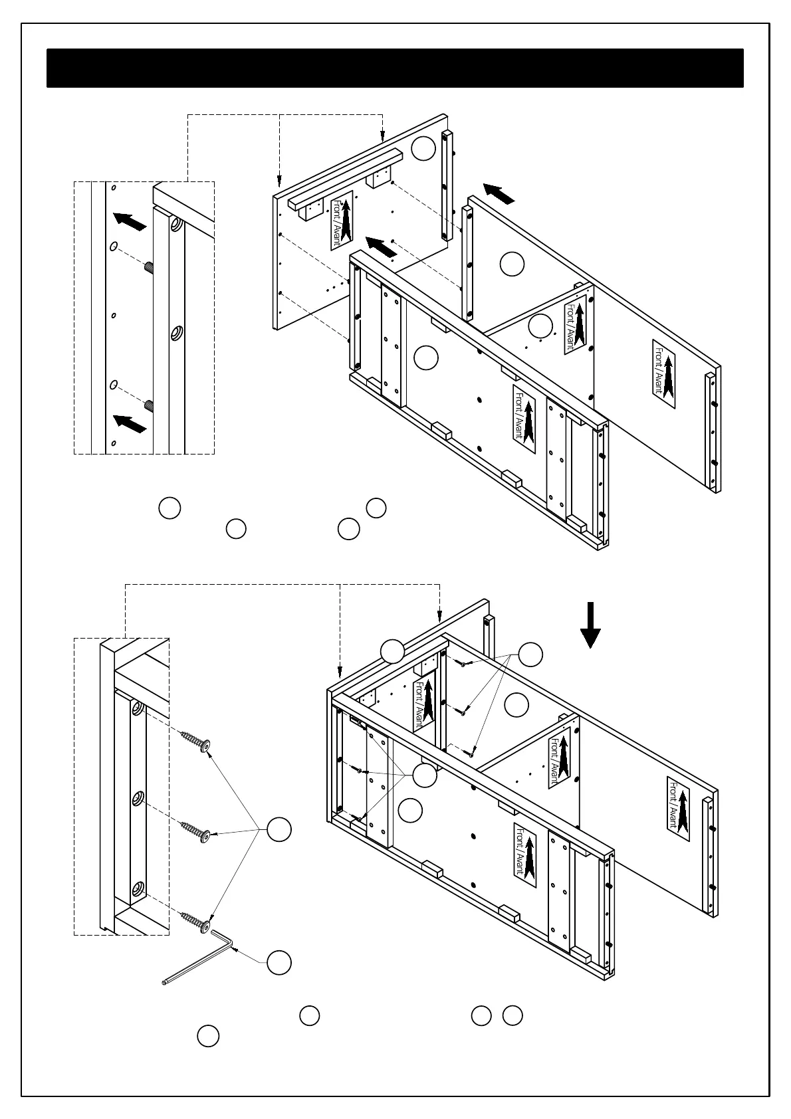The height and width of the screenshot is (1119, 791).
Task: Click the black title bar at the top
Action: [x=395, y=68]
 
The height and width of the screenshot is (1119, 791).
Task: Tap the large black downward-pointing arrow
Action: [x=590, y=625]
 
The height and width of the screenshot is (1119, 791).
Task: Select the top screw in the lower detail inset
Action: [x=197, y=740]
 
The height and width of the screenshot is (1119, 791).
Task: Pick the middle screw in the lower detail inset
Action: [x=197, y=831]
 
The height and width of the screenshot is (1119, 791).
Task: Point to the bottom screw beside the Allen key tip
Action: [x=197, y=922]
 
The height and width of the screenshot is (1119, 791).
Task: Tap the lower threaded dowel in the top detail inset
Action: [x=149, y=405]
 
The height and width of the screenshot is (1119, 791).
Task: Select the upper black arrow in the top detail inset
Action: [x=130, y=221]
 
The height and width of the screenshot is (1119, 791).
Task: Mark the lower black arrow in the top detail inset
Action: [x=130, y=423]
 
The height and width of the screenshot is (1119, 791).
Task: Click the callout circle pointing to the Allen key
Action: [x=279, y=962]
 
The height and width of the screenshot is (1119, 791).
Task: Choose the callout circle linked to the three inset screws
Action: [x=279, y=829]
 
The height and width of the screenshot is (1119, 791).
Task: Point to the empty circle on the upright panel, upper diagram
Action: [x=423, y=149]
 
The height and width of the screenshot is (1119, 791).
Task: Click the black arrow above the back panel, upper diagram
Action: [x=499, y=193]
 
